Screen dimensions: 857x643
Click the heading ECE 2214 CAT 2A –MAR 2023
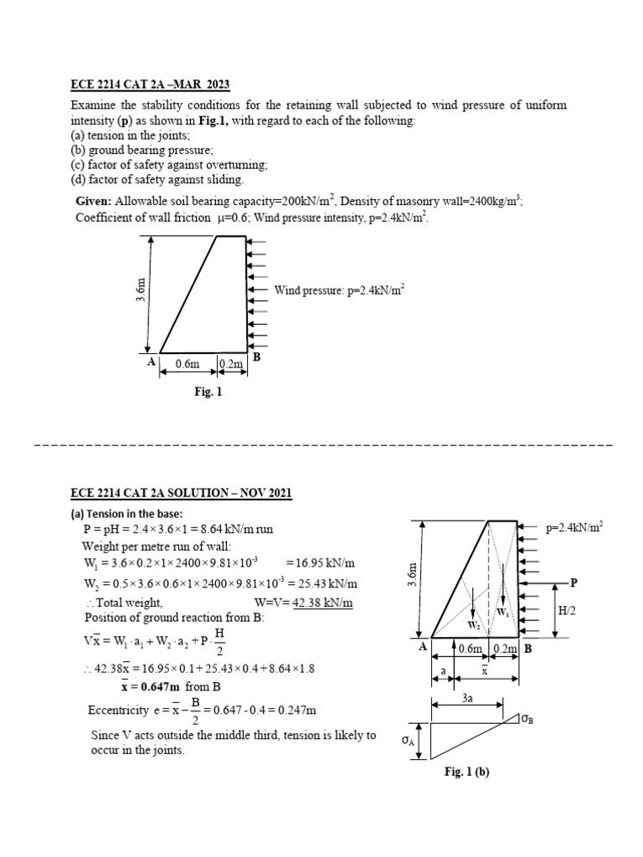pos(149,85)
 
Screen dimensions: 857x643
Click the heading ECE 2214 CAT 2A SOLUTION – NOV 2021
pos(182,493)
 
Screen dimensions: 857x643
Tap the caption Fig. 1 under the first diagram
pos(208,390)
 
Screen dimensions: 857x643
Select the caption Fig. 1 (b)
pos(466,772)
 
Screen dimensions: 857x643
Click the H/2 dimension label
pos(568,612)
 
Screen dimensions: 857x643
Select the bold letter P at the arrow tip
pos(574,582)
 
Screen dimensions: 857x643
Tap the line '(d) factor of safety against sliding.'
pos(156,179)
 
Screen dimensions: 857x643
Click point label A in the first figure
pos(152,361)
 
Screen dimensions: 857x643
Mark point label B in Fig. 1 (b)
pos(528,647)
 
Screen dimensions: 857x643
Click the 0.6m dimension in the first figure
pos(188,364)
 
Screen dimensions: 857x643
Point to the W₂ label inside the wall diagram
pos(473,624)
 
